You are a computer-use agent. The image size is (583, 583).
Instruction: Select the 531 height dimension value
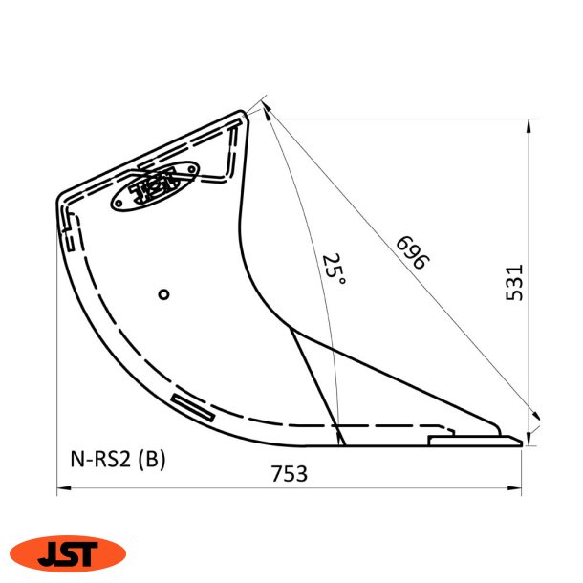point(514,283)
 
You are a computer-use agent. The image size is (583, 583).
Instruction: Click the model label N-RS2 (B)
point(118,460)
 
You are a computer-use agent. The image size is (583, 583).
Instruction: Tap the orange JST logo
point(68,552)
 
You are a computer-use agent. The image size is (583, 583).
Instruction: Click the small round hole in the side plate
point(164,294)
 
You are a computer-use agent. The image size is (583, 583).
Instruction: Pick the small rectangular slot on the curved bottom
point(193,407)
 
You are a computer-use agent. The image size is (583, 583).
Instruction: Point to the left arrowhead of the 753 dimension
point(62,489)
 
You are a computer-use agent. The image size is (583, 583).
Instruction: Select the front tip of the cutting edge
point(520,442)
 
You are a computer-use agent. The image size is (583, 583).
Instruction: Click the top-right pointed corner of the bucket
point(247,114)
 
